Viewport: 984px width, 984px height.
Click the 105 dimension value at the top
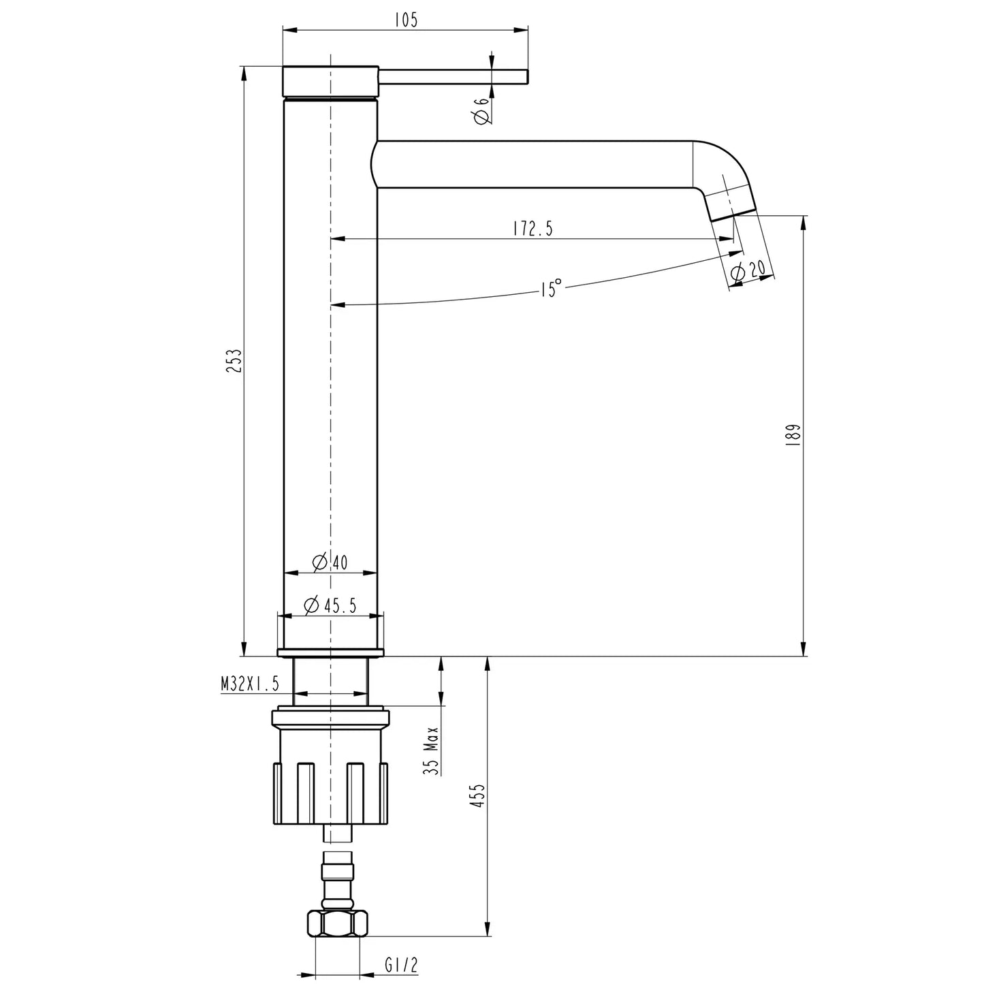(405, 20)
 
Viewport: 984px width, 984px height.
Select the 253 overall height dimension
(235, 362)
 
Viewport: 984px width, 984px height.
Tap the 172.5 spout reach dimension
(533, 229)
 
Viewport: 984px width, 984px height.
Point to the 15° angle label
(551, 288)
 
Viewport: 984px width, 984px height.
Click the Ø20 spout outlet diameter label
(747, 271)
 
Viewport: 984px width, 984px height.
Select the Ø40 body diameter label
(330, 562)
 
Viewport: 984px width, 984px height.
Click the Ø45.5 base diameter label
(330, 605)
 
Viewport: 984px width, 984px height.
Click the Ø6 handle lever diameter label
(481, 111)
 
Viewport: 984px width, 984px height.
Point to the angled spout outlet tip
(732, 204)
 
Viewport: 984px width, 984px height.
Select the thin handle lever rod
(453, 76)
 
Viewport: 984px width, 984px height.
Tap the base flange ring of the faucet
(330, 653)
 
